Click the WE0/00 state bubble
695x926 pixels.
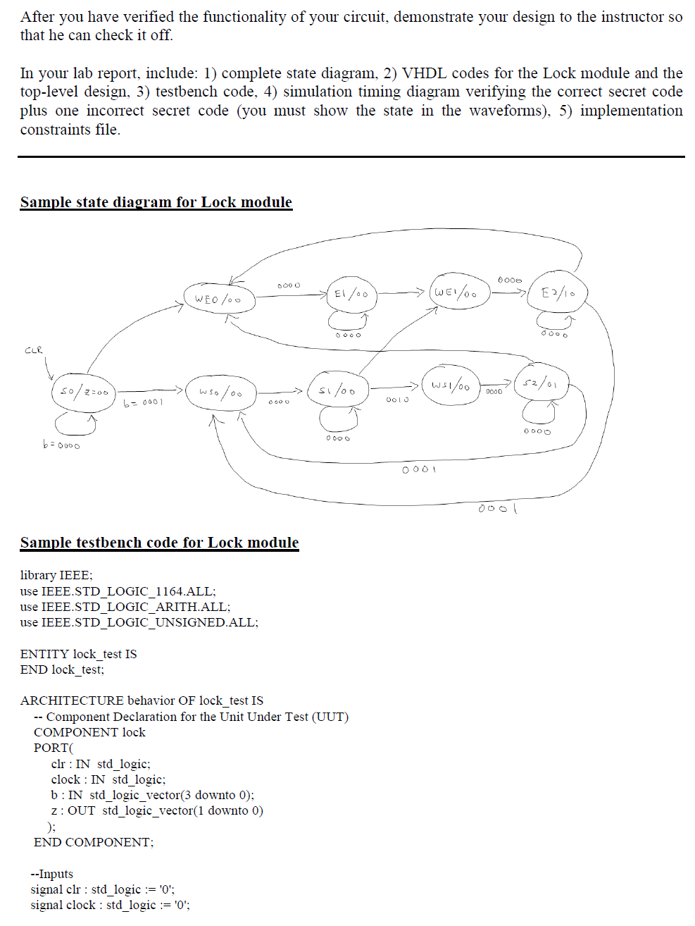219,299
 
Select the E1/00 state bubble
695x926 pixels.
351,295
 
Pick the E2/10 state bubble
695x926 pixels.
557,292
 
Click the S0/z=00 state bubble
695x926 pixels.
83,391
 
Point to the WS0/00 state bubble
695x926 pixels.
220,392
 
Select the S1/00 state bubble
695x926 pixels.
337,390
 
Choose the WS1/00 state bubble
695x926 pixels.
450,385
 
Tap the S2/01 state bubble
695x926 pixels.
540,383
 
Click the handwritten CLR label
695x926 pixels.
34,350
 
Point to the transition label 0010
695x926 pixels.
397,400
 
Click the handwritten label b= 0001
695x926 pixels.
143,402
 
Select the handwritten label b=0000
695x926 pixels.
61,445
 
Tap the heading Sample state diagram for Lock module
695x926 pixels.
156,202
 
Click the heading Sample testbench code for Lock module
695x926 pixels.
159,543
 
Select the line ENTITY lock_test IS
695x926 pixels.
78,654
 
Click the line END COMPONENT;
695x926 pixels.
94,842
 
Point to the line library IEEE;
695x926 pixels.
56,575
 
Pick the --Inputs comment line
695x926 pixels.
51,874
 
